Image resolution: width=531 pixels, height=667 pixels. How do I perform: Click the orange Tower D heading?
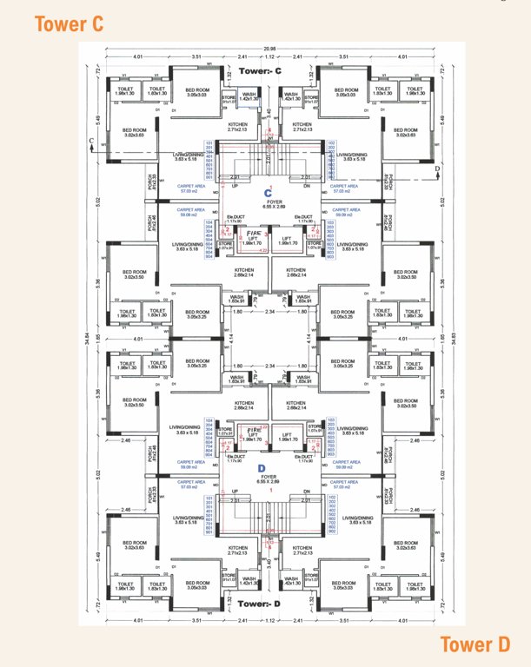[474, 644]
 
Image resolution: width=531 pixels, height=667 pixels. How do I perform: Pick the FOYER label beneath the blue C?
[269, 201]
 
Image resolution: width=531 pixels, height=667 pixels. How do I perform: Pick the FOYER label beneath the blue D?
[269, 478]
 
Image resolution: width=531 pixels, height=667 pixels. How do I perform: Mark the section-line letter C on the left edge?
[91, 139]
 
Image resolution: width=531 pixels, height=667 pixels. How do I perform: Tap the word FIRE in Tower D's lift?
[255, 431]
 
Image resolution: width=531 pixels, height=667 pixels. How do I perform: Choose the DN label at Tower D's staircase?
[304, 500]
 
